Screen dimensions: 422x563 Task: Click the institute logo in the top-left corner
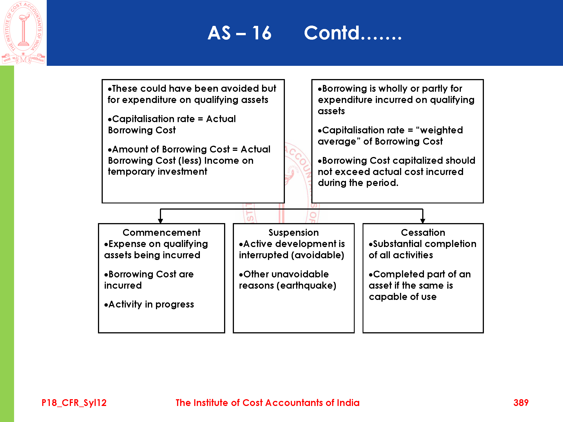click(23, 32)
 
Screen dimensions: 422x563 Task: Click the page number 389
click(521, 403)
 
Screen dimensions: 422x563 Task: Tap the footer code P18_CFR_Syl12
click(74, 403)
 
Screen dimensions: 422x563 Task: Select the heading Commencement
click(161, 232)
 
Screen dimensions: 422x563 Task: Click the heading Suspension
click(294, 232)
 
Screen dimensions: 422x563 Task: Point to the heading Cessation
click(423, 232)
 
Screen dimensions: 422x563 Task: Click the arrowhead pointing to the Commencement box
click(160, 221)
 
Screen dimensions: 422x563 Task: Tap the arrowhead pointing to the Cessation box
click(423, 221)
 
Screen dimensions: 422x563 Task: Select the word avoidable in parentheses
click(318, 255)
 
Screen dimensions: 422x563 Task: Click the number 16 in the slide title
click(262, 33)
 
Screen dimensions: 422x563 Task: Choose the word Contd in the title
click(332, 33)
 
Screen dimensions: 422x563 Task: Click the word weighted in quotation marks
click(441, 130)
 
